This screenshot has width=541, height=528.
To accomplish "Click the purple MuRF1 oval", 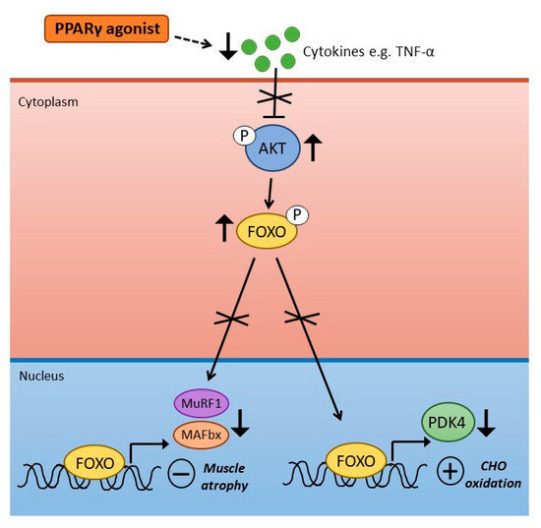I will coord(200,403).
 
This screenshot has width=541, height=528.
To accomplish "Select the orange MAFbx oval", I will coord(199,431).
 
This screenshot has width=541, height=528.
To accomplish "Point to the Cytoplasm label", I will coord(48,101).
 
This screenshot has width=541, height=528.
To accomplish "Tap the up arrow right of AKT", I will coord(314,147).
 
